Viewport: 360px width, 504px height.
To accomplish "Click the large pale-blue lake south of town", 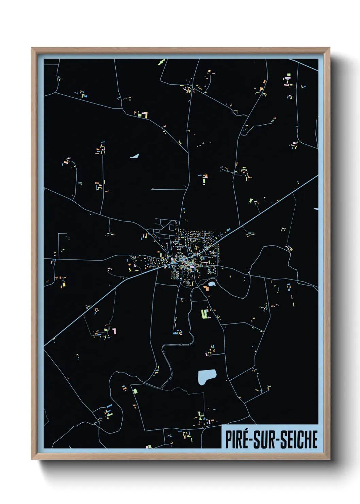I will click(206, 376).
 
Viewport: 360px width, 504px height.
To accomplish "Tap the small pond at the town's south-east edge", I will click(212, 283).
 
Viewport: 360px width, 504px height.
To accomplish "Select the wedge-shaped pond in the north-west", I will click(135, 156).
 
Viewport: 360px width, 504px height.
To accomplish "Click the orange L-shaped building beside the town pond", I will click(206, 288).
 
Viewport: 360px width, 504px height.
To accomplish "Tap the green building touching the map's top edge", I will click(161, 62).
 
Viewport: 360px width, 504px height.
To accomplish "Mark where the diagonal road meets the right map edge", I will click(318, 176).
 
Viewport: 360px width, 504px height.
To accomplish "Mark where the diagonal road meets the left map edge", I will click(44, 346).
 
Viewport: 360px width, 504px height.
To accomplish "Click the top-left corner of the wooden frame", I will click(32, 48).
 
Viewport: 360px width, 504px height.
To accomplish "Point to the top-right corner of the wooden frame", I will click(329, 48).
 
